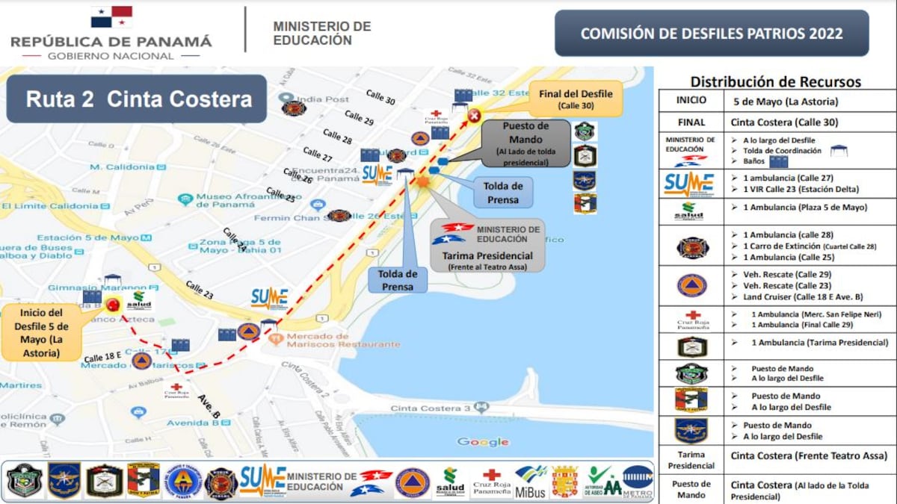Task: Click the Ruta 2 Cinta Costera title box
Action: pyautogui.click(x=137, y=99)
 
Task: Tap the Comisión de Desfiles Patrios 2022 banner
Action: pyautogui.click(x=711, y=34)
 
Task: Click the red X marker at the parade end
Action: pyautogui.click(x=475, y=115)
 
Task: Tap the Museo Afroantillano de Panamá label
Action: pyautogui.click(x=238, y=200)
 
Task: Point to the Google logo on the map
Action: pyautogui.click(x=483, y=442)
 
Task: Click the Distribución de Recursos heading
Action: pyautogui.click(x=775, y=82)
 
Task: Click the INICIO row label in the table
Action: pyautogui.click(x=691, y=101)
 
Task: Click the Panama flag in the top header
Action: pyautogui.click(x=111, y=17)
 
